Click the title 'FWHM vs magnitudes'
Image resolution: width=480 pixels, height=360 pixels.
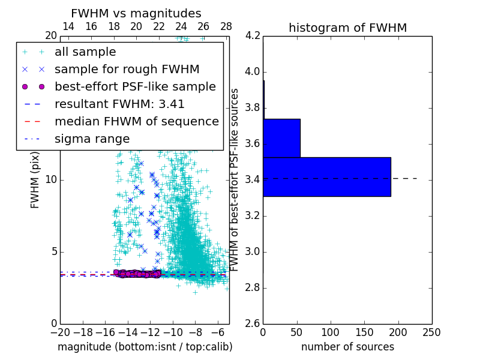pos(136,14)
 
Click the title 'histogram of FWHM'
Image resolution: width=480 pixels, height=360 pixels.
pos(347,28)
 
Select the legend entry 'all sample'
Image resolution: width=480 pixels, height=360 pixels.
pos(85,52)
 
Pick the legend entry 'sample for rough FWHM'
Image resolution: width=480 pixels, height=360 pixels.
pos(127,70)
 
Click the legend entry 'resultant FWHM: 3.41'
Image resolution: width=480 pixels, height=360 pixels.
pos(119,104)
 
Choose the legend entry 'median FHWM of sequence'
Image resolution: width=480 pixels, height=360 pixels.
pos(136,121)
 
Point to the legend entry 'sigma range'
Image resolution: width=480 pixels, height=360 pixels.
pos(92,139)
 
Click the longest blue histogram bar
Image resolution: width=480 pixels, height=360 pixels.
pos(326,177)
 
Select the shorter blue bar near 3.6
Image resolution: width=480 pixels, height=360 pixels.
pos(281,138)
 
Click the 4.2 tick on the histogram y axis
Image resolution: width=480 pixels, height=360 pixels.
pos(253,36)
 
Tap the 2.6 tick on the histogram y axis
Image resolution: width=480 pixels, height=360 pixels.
pos(253,324)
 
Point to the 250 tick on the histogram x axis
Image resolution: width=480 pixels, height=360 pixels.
pos(431,332)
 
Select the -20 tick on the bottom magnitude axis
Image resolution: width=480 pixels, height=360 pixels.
pos(60,332)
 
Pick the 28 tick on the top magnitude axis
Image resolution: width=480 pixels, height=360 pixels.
pos(226,27)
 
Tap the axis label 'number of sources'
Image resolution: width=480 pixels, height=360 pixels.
pos(347,347)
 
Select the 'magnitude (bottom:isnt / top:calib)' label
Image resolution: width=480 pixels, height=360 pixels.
pos(145,347)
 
